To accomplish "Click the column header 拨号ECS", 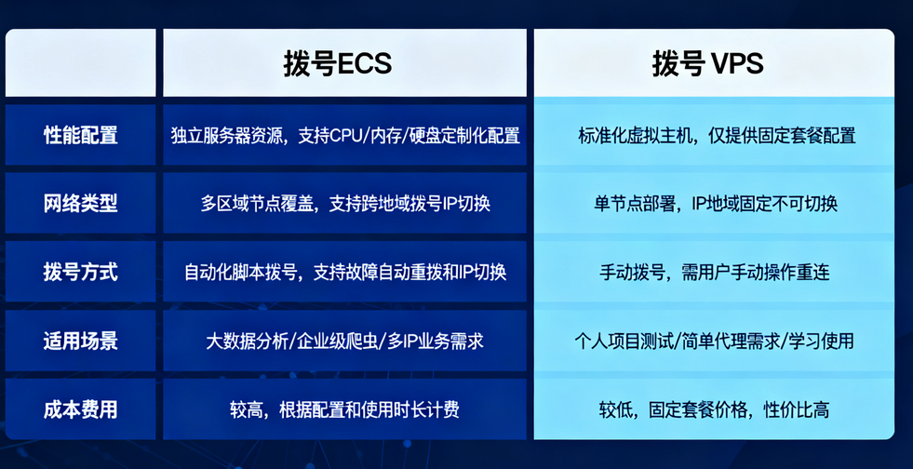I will [x=337, y=63].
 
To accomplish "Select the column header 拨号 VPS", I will [x=707, y=63].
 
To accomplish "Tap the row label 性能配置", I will [x=81, y=135].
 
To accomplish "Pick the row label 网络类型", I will [x=81, y=203].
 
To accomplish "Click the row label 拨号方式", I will [x=81, y=272].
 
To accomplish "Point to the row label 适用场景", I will [x=81, y=341].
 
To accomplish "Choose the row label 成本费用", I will [x=81, y=409].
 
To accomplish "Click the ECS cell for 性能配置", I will [x=344, y=135].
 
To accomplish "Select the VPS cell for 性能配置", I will [x=716, y=135].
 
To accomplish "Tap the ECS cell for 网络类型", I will [x=344, y=203].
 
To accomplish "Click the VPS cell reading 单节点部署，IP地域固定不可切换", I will [x=716, y=203].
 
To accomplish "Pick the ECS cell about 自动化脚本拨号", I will [x=344, y=272].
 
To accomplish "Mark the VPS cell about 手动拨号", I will [x=716, y=272].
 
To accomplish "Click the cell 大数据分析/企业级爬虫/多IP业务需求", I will [x=344, y=341].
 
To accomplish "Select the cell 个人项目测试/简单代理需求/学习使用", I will [x=716, y=341].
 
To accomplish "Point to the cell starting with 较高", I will [x=344, y=409].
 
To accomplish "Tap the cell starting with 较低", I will [x=716, y=409].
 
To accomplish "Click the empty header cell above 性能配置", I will [x=81, y=63].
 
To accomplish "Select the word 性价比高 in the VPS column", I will [x=796, y=409].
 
